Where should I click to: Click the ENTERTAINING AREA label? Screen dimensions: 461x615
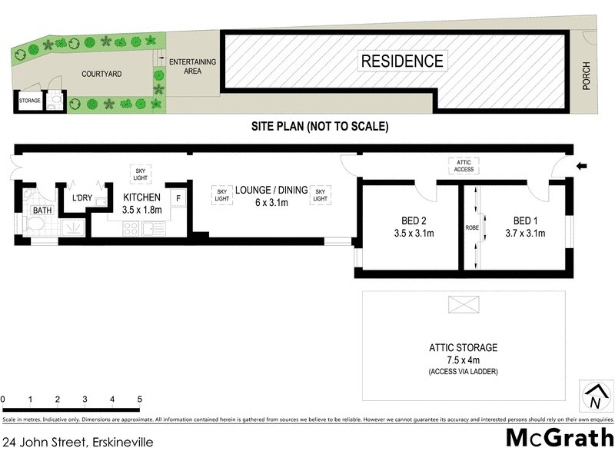[192, 66]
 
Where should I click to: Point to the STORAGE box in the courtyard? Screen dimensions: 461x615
[30, 101]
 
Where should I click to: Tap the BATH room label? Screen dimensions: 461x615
[41, 210]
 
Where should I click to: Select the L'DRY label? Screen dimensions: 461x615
[81, 200]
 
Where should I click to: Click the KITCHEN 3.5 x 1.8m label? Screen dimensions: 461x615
[142, 203]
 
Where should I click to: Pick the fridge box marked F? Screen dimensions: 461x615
[178, 198]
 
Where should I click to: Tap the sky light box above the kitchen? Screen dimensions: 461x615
[141, 173]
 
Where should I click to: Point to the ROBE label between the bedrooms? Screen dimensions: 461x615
[472, 228]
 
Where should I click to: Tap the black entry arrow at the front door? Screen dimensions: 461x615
[582, 164]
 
